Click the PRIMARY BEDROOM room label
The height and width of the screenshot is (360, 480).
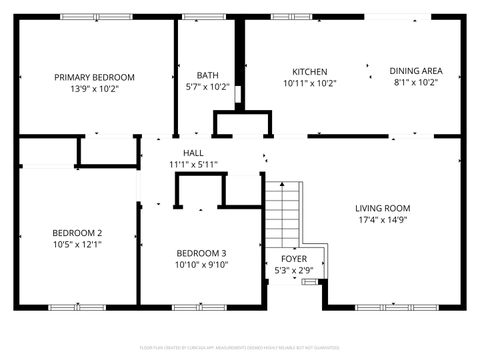94,77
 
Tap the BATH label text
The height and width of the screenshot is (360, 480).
207,75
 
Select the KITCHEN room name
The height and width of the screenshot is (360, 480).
309,71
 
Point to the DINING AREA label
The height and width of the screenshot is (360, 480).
416,71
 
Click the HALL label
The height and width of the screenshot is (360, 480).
193,152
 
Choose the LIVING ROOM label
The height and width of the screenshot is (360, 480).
382,208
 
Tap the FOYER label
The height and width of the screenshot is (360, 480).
293,258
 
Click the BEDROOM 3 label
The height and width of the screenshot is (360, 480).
201,253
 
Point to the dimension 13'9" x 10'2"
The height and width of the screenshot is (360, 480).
94,88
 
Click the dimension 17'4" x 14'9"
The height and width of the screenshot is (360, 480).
382,220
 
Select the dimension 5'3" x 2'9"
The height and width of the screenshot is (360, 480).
293,270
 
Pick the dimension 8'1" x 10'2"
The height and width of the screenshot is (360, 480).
416,83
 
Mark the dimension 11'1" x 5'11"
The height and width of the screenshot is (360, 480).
193,164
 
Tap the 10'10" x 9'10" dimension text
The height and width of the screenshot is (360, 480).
201,265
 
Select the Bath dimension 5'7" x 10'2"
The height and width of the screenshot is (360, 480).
207,87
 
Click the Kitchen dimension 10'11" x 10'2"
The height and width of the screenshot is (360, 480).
309,83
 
